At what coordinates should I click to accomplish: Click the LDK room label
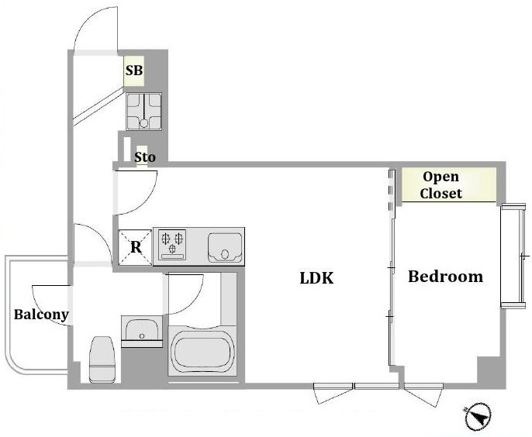(x=316, y=277)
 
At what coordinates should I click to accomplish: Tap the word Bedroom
(x=445, y=277)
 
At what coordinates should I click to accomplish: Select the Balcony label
(x=41, y=315)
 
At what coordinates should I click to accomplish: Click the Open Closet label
(x=440, y=184)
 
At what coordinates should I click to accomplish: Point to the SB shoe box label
(x=134, y=71)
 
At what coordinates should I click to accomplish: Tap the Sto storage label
(x=145, y=157)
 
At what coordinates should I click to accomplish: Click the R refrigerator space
(x=136, y=247)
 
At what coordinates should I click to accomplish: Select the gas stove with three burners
(x=173, y=244)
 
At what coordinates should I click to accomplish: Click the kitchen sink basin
(x=225, y=247)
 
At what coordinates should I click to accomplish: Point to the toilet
(x=102, y=360)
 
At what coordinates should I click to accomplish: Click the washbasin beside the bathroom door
(x=142, y=330)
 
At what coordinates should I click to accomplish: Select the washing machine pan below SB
(x=144, y=112)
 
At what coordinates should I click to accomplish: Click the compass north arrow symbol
(x=478, y=417)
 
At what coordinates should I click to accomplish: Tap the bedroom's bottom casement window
(x=423, y=395)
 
